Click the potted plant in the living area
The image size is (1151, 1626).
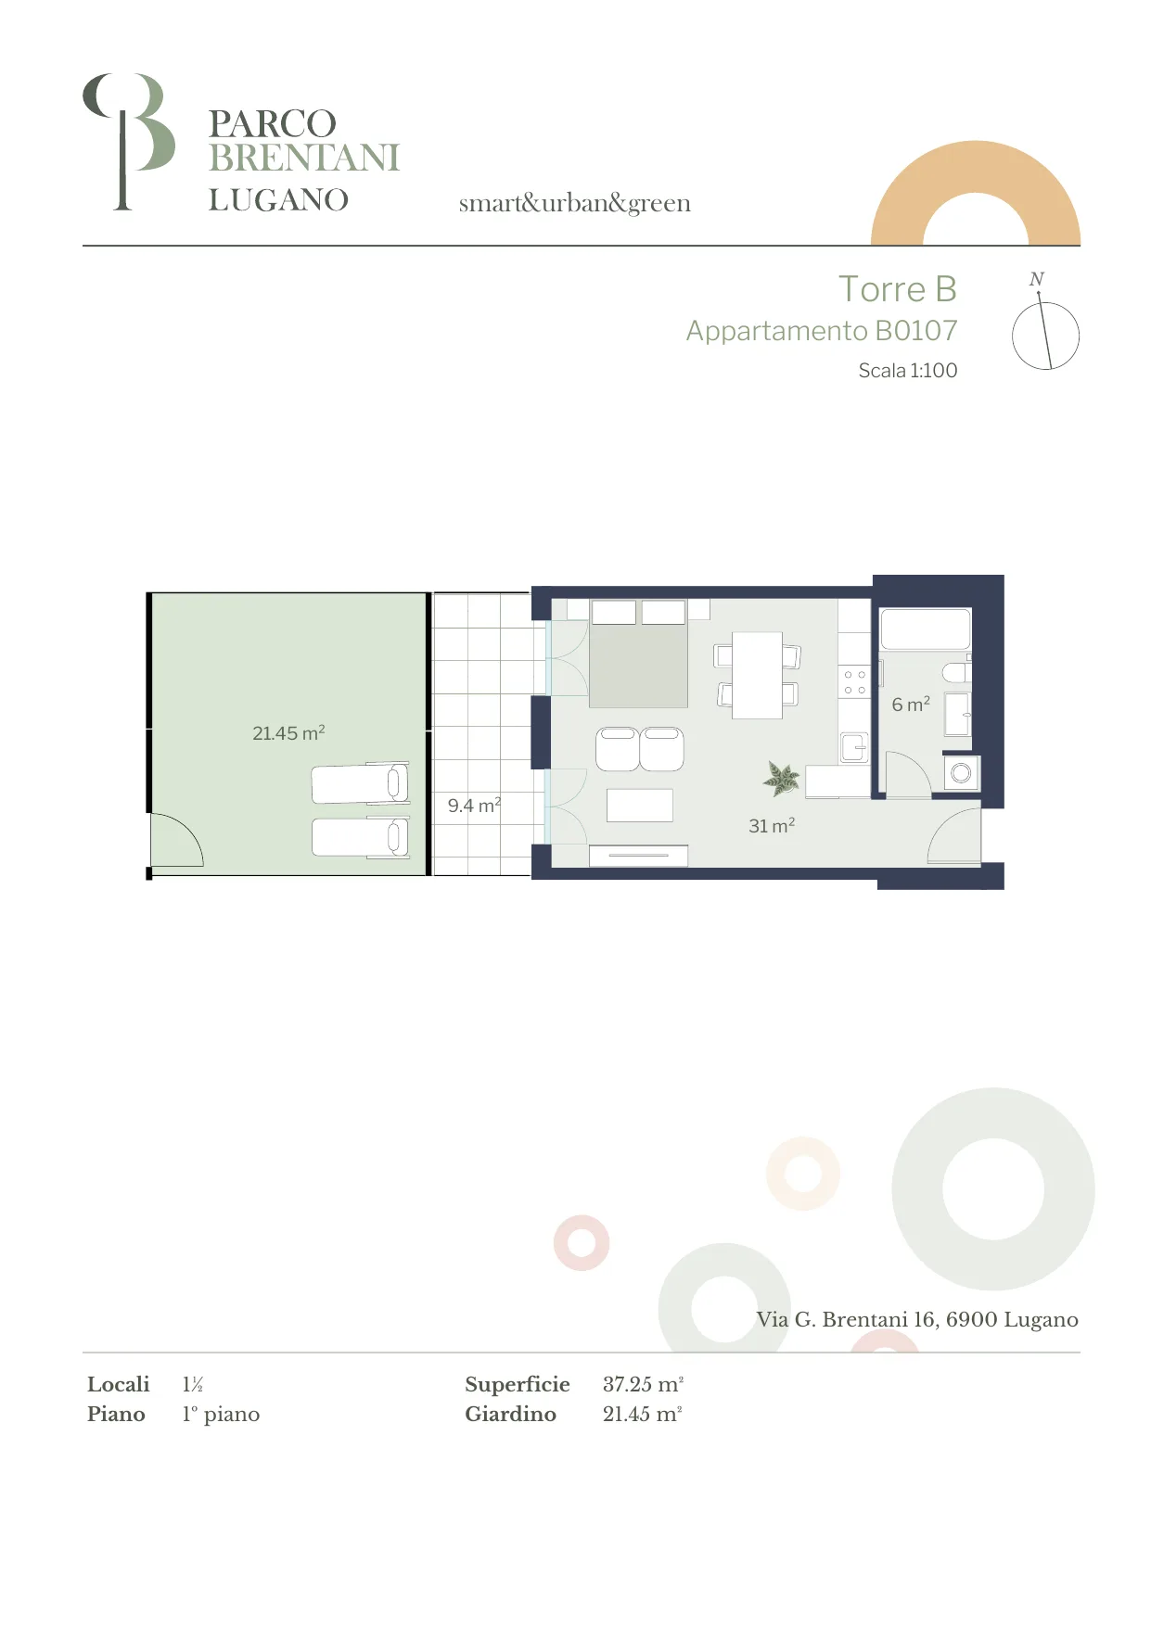click(782, 779)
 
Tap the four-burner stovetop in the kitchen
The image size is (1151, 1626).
click(854, 682)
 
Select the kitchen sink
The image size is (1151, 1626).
click(854, 747)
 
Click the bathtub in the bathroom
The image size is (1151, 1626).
click(925, 629)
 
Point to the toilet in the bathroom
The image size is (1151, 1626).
click(956, 671)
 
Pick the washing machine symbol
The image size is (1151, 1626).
click(961, 772)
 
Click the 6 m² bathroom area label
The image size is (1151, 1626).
click(911, 705)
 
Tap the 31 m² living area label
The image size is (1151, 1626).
click(772, 825)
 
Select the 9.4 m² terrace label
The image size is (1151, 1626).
click(474, 805)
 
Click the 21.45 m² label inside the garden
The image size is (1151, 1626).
click(288, 732)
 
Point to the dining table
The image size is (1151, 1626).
click(757, 675)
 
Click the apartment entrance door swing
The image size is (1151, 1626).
click(954, 835)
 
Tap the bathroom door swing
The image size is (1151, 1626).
click(908, 774)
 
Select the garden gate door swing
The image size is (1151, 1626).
click(176, 840)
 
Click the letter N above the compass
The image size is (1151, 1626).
click(1037, 279)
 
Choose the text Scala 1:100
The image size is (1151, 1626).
click(907, 371)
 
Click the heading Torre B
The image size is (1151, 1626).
click(897, 289)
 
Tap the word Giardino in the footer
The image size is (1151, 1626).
click(510, 1414)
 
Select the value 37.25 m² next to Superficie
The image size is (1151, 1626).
click(643, 1384)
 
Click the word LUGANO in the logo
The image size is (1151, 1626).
click(278, 200)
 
